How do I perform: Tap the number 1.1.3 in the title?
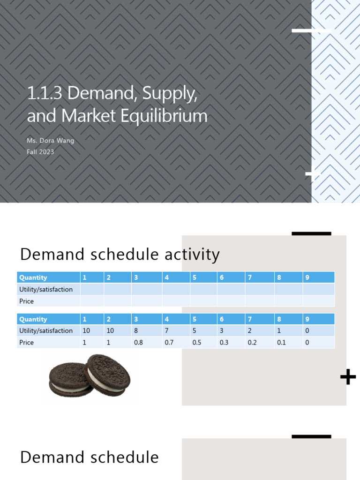point(45,93)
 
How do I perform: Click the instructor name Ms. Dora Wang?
point(50,141)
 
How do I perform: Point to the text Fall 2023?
point(40,151)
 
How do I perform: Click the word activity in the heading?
point(192,255)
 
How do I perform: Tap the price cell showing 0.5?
point(197,343)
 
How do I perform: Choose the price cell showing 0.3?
point(225,343)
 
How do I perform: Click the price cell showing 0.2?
point(253,343)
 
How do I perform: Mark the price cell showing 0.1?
point(281,343)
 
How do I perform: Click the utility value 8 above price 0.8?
point(136,331)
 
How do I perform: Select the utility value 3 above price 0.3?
point(222,331)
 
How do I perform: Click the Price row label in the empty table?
point(27,301)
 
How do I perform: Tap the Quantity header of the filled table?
point(33,319)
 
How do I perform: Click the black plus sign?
point(348,377)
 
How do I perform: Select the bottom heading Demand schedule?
point(89,457)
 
